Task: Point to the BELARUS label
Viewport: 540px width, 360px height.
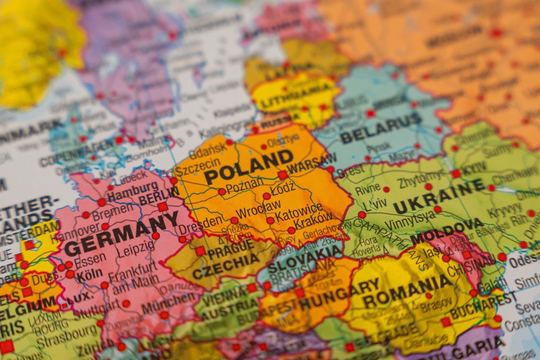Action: pos(380,127)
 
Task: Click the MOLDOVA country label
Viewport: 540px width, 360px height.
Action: pos(447,235)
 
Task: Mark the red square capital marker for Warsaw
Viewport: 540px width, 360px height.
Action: pos(283,175)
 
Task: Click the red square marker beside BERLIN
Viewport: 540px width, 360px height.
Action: pos(162,206)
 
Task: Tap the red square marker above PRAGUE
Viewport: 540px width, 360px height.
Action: pos(200,251)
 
